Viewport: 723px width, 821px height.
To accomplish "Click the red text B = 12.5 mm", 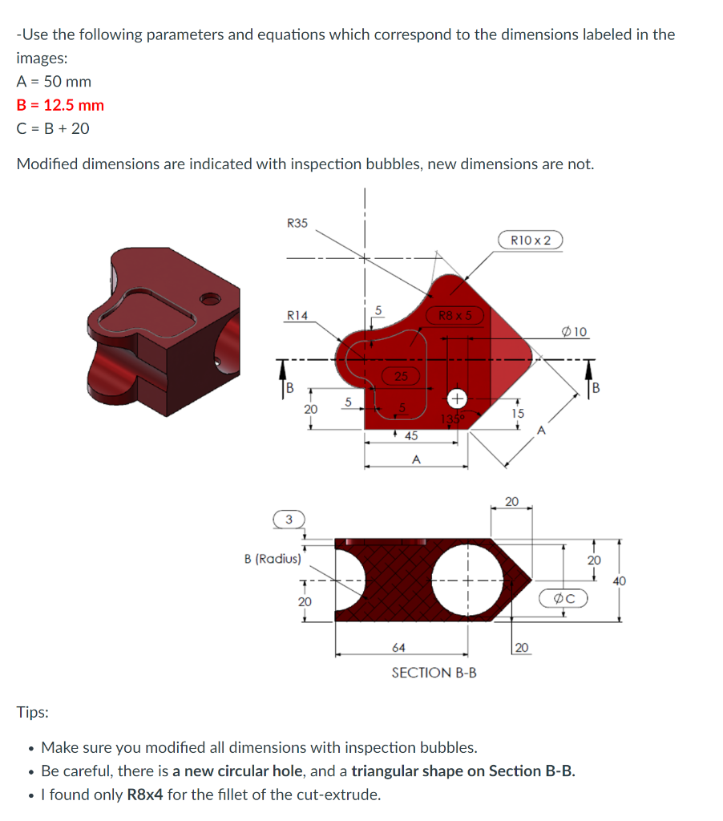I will coord(60,105).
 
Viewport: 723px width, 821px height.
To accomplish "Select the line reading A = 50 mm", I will coord(54,82).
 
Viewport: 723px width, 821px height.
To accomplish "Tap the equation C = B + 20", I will coord(53,128).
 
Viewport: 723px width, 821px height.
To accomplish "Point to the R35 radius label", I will coord(297,223).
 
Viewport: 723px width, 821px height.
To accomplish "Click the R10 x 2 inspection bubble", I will coord(531,240).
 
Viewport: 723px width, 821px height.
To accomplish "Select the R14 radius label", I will coord(297,316).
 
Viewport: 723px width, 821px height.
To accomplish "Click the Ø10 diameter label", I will coord(576,332).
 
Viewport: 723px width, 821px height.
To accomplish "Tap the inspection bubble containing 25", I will coord(401,375).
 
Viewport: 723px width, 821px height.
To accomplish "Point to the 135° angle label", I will coord(453,419).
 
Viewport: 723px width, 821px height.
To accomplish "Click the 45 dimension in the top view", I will coord(410,435).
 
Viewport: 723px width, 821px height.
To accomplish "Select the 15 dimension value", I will coord(518,413).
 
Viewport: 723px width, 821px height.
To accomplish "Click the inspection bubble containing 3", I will coord(289,520).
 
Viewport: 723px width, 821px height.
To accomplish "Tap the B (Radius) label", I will coord(273,559).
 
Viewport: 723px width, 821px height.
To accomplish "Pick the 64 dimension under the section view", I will coord(398,647).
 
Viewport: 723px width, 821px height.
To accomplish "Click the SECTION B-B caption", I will coord(434,673).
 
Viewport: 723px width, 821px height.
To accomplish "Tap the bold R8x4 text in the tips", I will coord(148,795).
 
